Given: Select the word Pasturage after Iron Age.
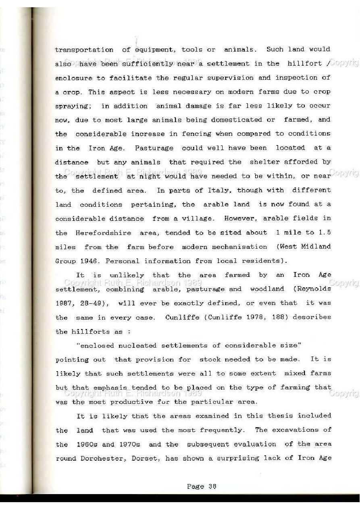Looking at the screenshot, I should (154, 148).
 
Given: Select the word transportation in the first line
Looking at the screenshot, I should (84, 50).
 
